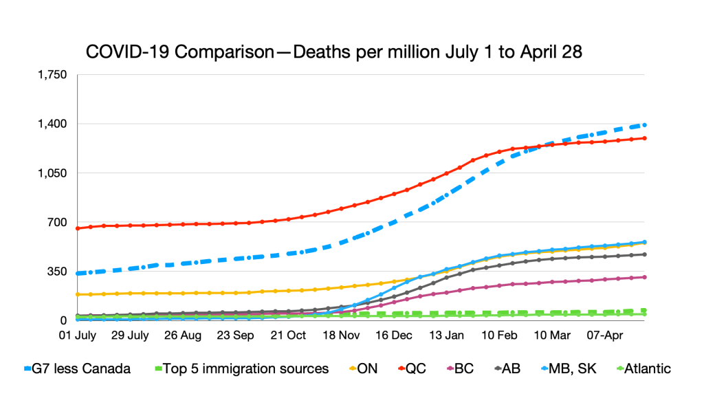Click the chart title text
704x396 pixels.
[x=333, y=52]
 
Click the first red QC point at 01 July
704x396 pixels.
[x=78, y=228]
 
